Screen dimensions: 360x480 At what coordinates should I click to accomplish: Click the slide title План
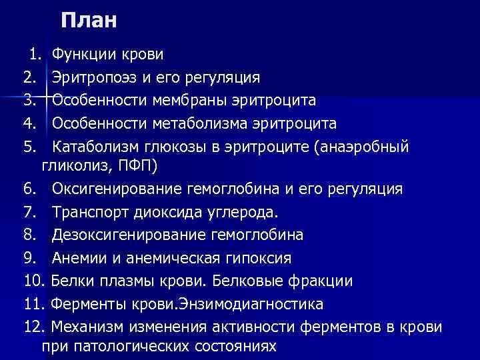88,20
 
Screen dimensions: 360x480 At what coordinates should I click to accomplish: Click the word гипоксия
260,258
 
